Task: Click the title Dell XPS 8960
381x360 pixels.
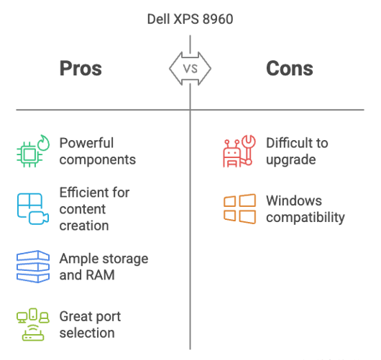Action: tap(190, 19)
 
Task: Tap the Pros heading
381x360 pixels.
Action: tap(81, 68)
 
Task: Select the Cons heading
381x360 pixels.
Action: tap(290, 68)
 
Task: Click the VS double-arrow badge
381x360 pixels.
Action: tap(190, 68)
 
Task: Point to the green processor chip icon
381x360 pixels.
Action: tap(29, 154)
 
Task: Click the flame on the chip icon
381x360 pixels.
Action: tap(44, 143)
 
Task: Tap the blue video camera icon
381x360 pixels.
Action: tap(39, 218)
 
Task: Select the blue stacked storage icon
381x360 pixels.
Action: tap(33, 267)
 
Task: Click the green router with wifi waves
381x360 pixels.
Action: tap(33, 333)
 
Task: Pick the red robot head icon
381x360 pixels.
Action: tap(231, 154)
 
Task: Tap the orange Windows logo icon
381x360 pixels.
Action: tap(239, 208)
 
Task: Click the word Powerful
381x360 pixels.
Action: tap(86, 143)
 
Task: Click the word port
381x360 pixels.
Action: tap(108, 317)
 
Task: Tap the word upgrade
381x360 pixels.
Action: tap(291, 160)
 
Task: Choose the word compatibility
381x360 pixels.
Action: tap(306, 217)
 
